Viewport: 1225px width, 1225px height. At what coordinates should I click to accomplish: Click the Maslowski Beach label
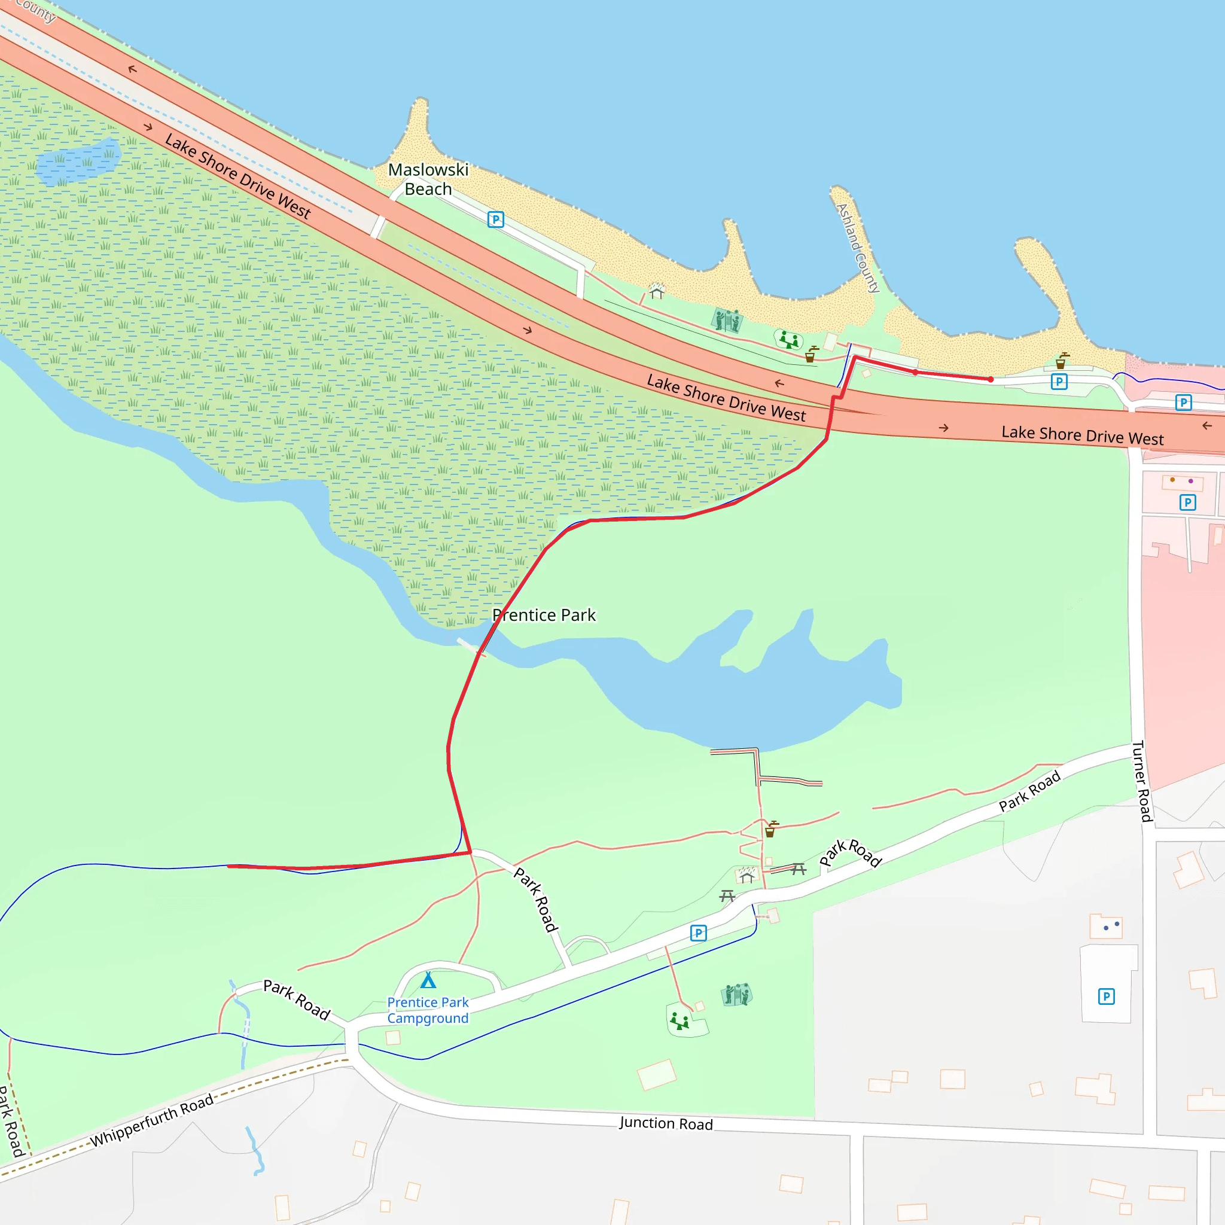point(428,179)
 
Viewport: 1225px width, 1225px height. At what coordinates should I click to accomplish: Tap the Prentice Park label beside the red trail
point(545,615)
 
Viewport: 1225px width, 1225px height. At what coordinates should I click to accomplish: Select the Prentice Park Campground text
point(428,1010)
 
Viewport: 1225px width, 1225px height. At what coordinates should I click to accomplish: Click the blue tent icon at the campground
point(429,981)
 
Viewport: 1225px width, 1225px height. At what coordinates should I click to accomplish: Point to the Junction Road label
point(666,1123)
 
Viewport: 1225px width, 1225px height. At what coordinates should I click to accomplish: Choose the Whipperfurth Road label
point(151,1121)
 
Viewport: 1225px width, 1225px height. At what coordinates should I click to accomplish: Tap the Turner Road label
point(1142,781)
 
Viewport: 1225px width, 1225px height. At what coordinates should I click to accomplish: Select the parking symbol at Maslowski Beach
point(496,220)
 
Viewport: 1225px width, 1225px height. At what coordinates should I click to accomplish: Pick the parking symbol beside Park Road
point(698,933)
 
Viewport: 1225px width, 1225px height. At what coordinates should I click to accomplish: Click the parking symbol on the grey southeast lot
point(1107,996)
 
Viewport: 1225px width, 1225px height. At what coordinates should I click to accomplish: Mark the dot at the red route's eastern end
point(991,379)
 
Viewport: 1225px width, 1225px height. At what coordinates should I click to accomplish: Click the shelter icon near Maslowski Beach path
point(656,291)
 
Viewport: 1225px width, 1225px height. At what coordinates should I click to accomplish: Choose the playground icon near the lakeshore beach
point(789,340)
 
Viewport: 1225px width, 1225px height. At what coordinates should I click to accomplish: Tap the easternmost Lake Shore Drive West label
point(1082,435)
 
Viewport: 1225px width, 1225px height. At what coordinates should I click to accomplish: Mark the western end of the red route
point(228,866)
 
